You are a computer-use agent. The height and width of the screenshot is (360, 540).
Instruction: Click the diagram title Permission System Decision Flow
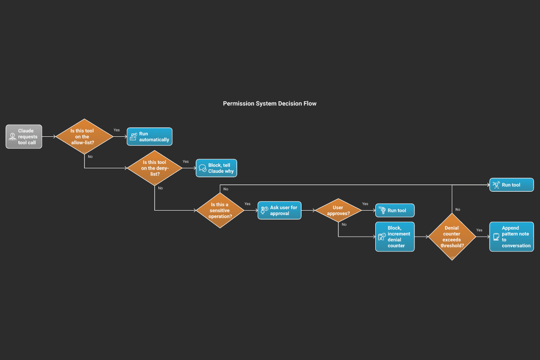270,103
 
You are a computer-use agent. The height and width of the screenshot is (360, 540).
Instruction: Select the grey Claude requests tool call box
24,136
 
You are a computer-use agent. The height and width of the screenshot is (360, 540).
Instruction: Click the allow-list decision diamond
84,136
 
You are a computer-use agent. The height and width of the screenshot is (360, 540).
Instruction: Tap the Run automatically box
149,136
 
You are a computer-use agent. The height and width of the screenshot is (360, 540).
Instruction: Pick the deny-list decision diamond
154,168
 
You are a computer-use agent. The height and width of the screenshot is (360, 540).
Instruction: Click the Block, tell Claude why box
216,168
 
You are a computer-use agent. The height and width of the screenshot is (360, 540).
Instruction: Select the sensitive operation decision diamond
220,210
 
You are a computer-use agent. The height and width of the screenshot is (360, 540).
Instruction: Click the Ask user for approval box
279,210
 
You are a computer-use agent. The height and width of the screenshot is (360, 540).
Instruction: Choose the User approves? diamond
338,210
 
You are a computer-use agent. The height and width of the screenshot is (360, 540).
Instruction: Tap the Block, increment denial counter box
395,237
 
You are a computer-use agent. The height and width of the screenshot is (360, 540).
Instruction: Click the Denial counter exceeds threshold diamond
451,237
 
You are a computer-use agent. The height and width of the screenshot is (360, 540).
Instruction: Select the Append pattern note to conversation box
511,237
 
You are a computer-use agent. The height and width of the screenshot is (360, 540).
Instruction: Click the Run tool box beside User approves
395,210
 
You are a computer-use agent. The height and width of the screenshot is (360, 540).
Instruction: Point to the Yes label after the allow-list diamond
117,130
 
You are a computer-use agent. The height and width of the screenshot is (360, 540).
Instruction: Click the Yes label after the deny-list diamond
185,162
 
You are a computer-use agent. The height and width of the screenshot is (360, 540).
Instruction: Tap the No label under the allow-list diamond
90,157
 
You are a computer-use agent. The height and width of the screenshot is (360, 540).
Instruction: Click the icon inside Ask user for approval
264,210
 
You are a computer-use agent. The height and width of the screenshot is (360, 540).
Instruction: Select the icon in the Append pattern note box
496,237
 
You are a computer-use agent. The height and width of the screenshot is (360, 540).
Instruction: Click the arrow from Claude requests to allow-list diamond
49,136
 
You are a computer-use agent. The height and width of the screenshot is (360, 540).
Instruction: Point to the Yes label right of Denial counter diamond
479,230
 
